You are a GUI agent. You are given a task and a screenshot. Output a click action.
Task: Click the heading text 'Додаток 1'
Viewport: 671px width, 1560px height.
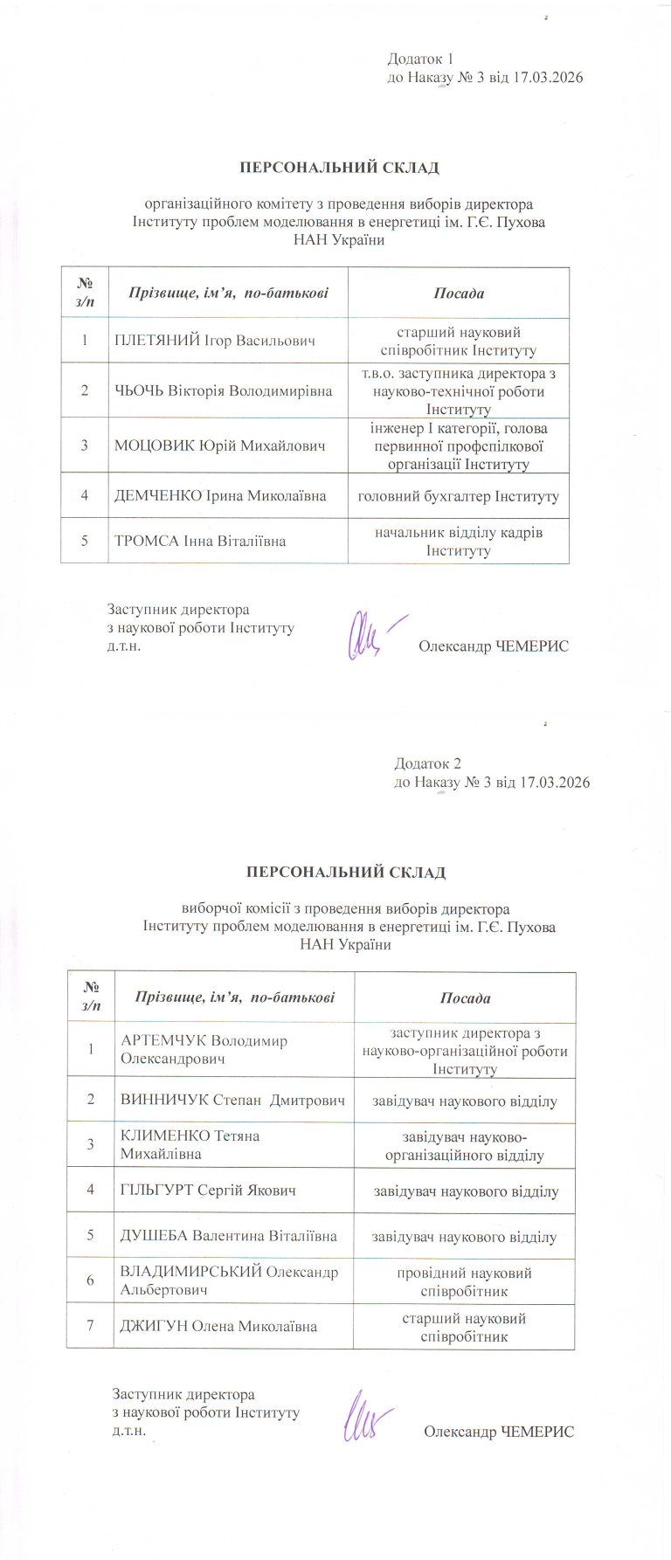421,59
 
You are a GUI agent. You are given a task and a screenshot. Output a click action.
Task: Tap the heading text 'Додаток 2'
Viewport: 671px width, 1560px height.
427,763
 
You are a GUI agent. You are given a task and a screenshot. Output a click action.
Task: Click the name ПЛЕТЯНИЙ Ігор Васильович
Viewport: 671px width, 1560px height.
215,341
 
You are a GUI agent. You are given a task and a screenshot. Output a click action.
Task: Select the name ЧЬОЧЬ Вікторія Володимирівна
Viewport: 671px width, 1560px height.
224,390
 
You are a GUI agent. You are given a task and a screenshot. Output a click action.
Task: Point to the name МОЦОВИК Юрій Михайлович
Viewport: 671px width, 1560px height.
220,445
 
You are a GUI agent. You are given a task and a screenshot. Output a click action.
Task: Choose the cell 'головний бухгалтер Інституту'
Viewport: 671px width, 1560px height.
459,496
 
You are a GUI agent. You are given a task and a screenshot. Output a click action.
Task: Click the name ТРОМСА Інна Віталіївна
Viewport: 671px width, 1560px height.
200,541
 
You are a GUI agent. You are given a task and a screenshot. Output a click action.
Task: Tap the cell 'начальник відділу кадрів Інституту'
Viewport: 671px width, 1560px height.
459,541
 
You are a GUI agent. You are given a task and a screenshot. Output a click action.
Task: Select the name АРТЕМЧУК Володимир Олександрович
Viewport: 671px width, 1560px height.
204,1049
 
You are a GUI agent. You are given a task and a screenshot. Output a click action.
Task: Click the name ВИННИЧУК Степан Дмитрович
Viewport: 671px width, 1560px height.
233,1100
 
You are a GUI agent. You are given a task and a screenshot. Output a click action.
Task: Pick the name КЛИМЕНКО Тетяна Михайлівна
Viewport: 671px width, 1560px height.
190,1144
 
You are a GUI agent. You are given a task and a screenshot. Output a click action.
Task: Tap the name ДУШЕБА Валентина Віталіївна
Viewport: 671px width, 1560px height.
229,1236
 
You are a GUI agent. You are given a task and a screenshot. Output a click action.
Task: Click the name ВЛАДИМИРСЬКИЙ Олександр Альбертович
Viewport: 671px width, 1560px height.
229,1280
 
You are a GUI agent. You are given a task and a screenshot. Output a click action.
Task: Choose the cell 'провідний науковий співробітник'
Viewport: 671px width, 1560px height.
464,1281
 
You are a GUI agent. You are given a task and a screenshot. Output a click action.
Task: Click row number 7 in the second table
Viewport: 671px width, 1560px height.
90,1326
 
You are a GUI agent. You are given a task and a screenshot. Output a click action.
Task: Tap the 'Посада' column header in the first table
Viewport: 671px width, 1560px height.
459,293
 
